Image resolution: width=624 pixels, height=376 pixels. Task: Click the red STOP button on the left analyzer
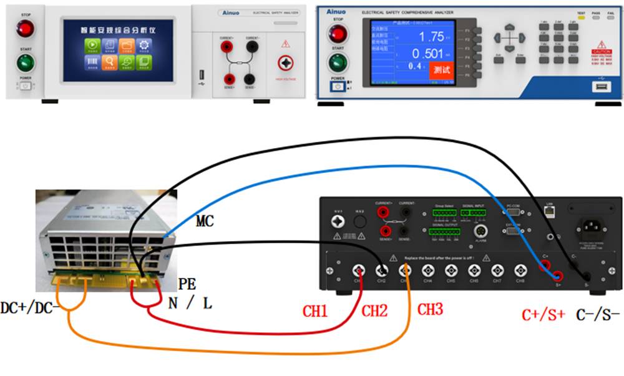coord(25,28)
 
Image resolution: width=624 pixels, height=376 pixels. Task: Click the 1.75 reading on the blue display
coord(431,36)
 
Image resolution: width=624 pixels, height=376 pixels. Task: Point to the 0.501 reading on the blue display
coord(428,54)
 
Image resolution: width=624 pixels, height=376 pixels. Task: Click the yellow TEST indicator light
coord(582,19)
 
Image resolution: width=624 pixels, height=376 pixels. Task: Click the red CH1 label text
coord(316,310)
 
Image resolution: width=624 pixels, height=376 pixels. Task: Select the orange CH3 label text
coord(431,309)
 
